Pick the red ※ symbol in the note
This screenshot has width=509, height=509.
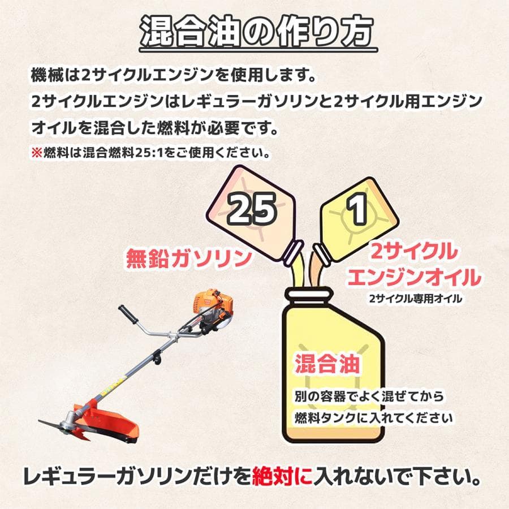coord(37,153)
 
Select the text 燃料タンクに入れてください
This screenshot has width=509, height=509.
coord(373,418)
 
